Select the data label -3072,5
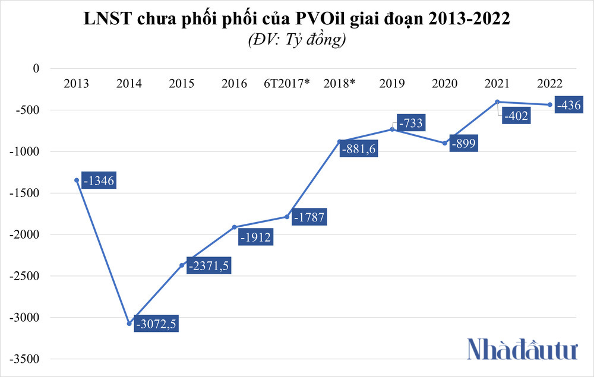157,324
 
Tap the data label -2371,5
208,265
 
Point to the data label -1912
255,237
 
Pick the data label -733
410,123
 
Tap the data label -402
515,116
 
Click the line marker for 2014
129,324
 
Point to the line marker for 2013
77,180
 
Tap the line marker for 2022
549,104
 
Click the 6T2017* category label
287,84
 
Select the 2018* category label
339,84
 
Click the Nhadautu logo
522,349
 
